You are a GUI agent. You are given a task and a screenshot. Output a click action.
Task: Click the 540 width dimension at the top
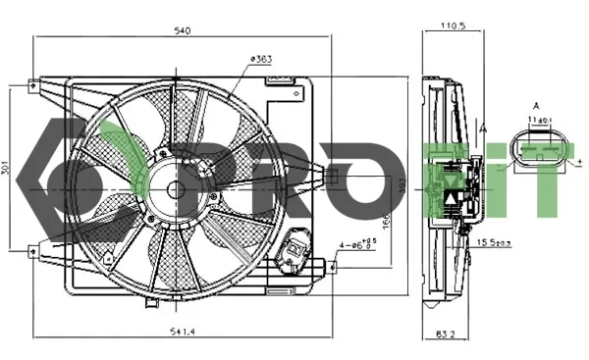pyautogui.click(x=182, y=30)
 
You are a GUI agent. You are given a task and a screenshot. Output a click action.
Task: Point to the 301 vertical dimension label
pyautogui.click(x=9, y=169)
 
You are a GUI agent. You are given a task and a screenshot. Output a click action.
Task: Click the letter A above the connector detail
pyautogui.click(x=536, y=105)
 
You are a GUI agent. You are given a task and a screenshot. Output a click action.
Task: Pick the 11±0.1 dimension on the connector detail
pyautogui.click(x=537, y=120)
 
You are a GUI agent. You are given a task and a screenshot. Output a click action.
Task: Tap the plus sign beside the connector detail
pyautogui.click(x=579, y=162)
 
